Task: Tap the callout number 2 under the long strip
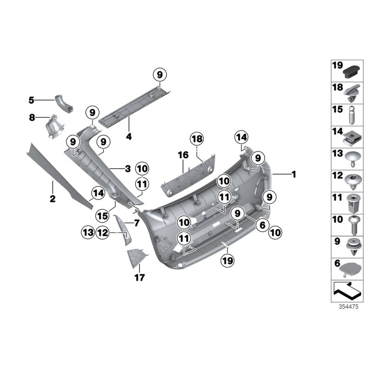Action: coord(52,199)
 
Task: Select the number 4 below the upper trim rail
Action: coord(129,136)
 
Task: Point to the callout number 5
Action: coord(31,100)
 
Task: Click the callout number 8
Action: coord(32,117)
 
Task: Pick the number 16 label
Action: coord(183,156)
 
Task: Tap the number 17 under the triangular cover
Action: coord(139,277)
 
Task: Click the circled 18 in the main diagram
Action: coord(197,139)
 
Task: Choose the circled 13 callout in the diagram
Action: coord(88,233)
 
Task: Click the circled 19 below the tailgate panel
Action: coord(228,260)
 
